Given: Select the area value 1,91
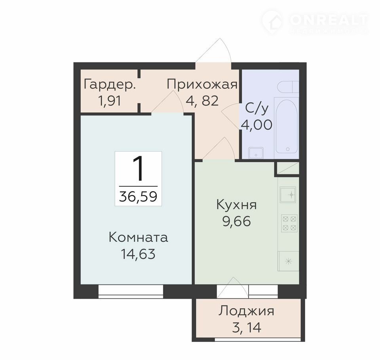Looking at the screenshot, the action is tap(110, 101).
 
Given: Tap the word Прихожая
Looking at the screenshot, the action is tap(202, 85).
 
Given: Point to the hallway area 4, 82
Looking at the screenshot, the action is tap(202, 101).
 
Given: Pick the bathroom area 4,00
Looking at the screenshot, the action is tap(256, 125).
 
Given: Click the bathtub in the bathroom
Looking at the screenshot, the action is tap(287, 125).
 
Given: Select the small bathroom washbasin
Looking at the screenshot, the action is tap(256, 153).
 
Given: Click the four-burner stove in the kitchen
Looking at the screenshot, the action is tap(289, 223).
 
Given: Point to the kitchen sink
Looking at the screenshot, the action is tap(288, 195).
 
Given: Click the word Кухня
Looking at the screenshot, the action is tap(236, 205).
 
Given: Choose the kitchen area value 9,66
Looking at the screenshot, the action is tap(237, 221).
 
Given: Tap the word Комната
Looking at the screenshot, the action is tap(139, 237).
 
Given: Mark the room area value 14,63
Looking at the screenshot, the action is tap(138, 254).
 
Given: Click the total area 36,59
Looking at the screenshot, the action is tap(138, 197).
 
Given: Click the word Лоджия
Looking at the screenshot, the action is tap(247, 311).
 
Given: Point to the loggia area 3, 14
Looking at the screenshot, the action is tap(247, 327).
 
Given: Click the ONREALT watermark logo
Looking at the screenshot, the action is tap(315, 21).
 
